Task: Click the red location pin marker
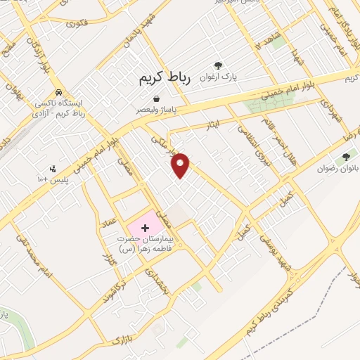[x=181, y=165]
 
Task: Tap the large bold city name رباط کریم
[x=165, y=81]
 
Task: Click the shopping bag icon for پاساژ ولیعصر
[x=156, y=99]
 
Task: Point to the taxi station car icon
[x=59, y=92]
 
